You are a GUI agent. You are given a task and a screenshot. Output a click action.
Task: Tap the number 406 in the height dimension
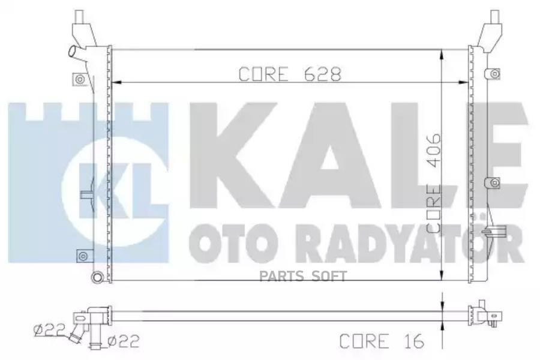[434, 151]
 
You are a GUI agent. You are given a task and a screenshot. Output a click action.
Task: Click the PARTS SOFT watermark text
[303, 276]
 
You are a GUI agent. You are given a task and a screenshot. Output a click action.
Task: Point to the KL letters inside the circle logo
[115, 191]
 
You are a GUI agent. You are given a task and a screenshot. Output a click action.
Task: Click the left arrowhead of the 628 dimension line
[117, 82]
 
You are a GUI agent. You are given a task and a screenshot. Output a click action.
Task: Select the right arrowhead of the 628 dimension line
[463, 82]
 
